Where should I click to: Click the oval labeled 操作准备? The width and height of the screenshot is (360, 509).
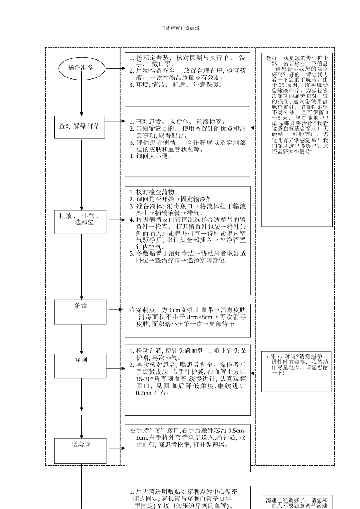click(x=81, y=68)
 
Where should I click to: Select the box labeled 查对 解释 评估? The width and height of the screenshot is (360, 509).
click(x=80, y=126)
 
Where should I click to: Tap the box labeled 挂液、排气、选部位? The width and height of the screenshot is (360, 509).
click(x=80, y=222)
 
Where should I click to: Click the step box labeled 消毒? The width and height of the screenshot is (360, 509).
click(x=80, y=312)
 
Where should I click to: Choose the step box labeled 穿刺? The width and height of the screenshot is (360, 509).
click(x=80, y=366)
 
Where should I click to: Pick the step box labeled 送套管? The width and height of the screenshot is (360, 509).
click(x=80, y=450)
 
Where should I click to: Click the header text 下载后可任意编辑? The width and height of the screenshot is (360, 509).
click(x=180, y=28)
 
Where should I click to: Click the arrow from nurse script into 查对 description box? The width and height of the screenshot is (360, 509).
click(x=256, y=128)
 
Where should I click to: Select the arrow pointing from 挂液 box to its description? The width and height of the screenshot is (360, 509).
click(x=117, y=220)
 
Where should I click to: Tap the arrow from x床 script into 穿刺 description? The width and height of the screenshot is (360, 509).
click(x=256, y=373)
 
